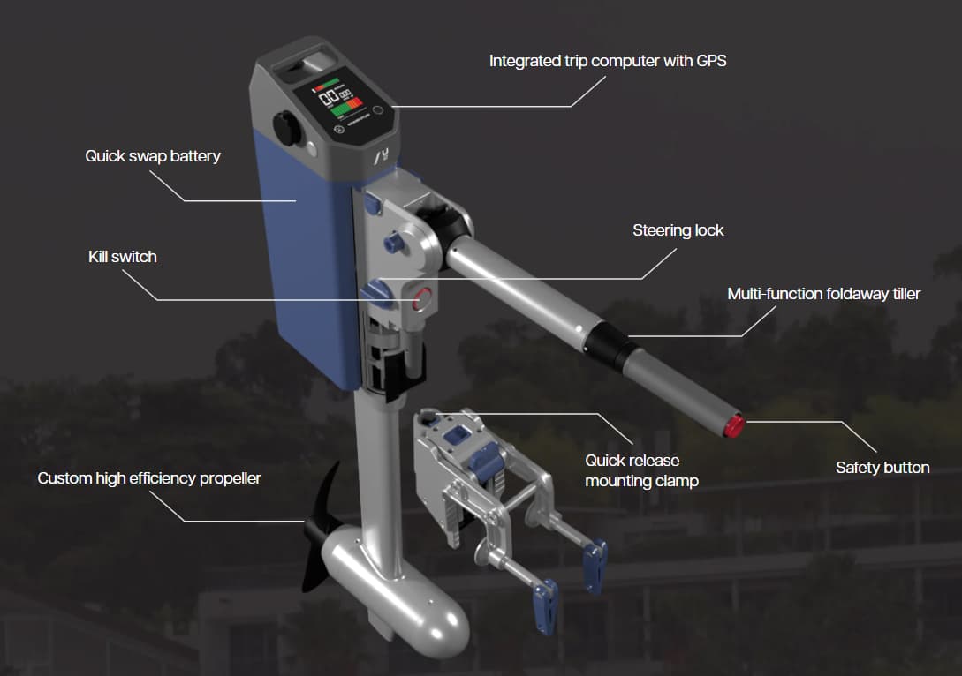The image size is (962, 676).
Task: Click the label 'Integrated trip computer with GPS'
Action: [608, 61]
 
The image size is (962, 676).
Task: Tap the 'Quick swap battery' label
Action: [153, 156]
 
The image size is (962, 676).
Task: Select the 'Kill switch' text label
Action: [123, 257]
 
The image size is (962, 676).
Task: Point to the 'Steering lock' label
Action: [678, 230]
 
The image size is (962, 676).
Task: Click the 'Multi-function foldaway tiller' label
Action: [824, 294]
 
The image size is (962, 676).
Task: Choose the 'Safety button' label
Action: [882, 468]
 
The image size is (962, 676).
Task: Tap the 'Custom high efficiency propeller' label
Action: [149, 478]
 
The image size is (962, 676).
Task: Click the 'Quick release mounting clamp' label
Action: [641, 470]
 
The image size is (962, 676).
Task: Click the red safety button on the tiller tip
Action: [734, 426]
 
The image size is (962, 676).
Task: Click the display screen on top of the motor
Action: [338, 102]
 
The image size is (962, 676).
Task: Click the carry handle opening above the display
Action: [305, 64]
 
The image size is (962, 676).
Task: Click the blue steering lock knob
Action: [375, 291]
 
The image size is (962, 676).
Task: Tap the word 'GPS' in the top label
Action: [711, 61]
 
